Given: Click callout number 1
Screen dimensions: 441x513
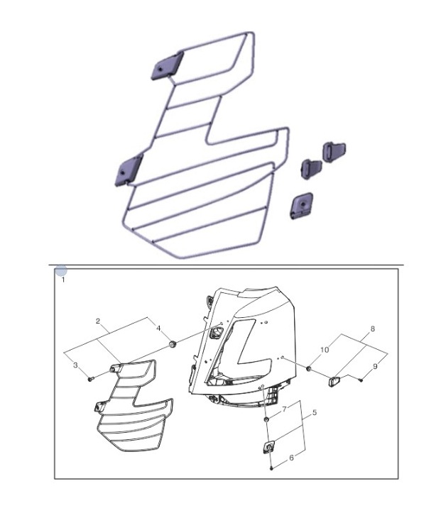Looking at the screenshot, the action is [x=63, y=280].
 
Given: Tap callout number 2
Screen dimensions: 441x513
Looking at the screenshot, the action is [x=98, y=321].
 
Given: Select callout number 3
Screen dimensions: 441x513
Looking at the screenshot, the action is [x=75, y=365].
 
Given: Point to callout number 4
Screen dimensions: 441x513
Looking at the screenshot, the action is [x=158, y=328].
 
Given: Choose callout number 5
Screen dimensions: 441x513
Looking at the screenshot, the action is [x=315, y=412].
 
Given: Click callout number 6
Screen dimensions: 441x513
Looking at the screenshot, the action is [x=291, y=458].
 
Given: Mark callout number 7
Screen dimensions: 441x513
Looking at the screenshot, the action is [x=284, y=409].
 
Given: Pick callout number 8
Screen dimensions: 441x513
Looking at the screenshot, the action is [x=373, y=329].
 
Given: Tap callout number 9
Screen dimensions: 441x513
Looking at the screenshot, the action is [x=375, y=366].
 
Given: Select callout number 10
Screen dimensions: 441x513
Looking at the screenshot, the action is [x=325, y=350].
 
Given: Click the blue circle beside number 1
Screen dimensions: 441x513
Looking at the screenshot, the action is [x=61, y=271].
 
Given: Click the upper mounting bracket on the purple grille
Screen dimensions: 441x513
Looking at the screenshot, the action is [x=167, y=66].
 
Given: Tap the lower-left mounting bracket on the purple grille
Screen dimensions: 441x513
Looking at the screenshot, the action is [x=129, y=170].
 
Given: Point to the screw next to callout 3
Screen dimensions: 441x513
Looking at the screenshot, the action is [x=91, y=379].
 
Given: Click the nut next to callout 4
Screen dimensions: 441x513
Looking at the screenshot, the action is [x=173, y=344].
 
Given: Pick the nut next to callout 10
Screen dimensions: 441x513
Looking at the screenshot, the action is [x=308, y=369].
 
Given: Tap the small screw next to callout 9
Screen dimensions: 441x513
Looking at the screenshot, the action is [x=361, y=380].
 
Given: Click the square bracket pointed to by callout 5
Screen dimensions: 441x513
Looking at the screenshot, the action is [x=269, y=447].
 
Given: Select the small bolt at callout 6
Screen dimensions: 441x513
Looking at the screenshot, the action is [x=271, y=468].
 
